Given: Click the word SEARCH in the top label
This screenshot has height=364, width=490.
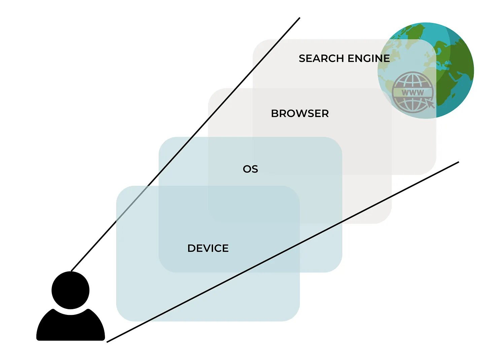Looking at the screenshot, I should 321,59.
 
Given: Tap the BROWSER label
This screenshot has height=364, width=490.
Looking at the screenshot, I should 300,114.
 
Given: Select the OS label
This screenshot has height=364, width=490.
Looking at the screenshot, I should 250,169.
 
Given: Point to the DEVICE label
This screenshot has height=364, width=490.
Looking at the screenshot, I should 208,248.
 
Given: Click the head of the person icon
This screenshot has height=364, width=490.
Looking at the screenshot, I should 70,290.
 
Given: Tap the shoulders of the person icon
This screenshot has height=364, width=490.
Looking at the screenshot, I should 70,326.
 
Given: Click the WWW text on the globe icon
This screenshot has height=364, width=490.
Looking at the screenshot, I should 413,93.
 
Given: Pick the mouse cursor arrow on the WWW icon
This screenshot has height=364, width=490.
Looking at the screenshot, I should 430,103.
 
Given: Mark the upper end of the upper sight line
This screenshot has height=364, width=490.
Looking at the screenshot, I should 299,19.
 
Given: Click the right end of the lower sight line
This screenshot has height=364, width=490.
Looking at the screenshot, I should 458,162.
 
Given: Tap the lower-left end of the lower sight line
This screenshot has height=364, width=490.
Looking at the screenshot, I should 108,341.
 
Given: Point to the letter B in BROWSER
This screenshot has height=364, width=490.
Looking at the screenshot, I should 274,114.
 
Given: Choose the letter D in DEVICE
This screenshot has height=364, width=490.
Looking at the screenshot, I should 191,248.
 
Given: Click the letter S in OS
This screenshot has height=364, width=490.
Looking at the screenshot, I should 255,169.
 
